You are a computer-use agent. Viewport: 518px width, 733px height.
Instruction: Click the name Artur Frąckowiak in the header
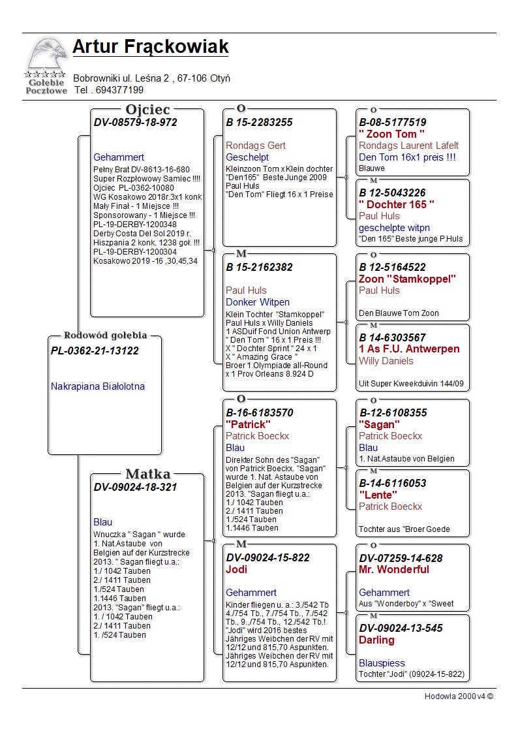pyautogui.click(x=150, y=47)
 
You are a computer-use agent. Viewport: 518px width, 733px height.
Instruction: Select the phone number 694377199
pyautogui.click(x=119, y=90)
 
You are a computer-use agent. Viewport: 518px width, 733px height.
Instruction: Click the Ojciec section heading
pyautogui.click(x=147, y=110)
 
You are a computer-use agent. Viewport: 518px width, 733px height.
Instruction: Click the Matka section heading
pyautogui.click(x=147, y=475)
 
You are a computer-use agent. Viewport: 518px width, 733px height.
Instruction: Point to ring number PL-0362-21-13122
pyautogui.click(x=95, y=351)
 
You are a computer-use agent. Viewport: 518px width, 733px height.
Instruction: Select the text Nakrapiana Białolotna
pyautogui.click(x=98, y=386)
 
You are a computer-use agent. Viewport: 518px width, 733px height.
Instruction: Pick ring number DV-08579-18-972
pyautogui.click(x=136, y=122)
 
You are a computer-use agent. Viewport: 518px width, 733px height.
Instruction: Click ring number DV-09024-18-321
pyautogui.click(x=136, y=487)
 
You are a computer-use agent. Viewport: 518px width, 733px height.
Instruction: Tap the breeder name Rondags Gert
pyautogui.click(x=256, y=146)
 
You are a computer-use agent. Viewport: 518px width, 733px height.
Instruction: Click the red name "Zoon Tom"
pyautogui.click(x=392, y=134)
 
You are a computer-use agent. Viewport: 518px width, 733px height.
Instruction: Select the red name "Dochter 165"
pyautogui.click(x=397, y=204)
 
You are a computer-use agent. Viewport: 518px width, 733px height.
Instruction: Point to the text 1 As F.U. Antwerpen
pyautogui.click(x=409, y=349)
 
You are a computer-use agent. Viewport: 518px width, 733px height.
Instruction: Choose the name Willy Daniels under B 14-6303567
pyautogui.click(x=386, y=361)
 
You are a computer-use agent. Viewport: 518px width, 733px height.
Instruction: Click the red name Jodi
pyautogui.click(x=237, y=569)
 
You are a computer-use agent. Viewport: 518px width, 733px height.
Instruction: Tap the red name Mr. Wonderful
pyautogui.click(x=394, y=569)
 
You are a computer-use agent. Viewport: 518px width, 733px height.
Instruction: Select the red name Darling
pyautogui.click(x=376, y=640)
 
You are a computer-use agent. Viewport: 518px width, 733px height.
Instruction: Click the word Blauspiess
pyautogui.click(x=382, y=663)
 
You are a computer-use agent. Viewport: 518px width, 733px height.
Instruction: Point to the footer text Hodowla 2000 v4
pyautogui.click(x=459, y=696)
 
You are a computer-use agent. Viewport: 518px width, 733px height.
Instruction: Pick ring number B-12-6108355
pyautogui.click(x=393, y=413)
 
